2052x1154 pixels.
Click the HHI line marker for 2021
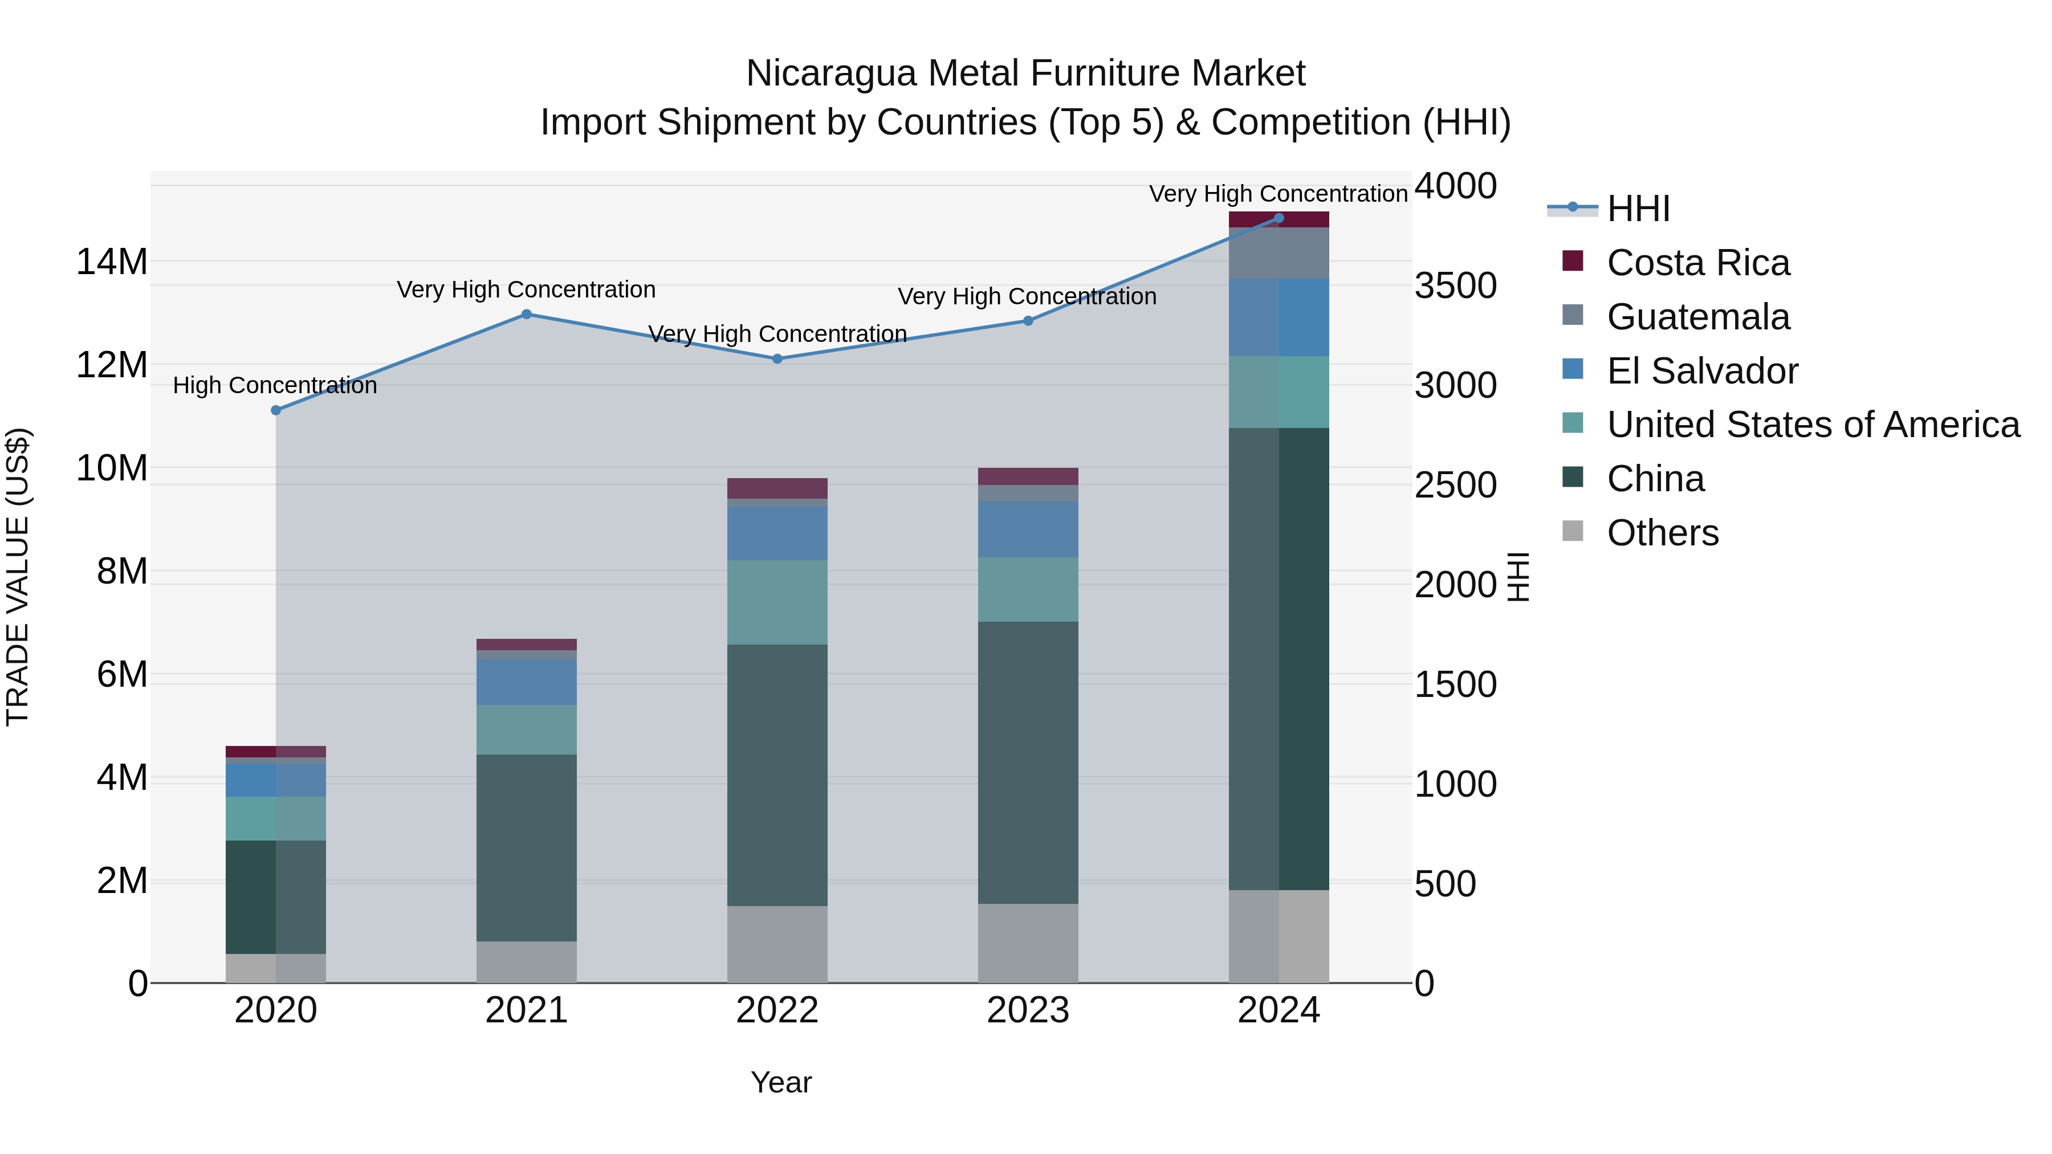(x=527, y=315)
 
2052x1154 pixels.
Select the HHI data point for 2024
(x=1279, y=218)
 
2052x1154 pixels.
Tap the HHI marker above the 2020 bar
(x=276, y=410)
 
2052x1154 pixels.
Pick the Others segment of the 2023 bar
(x=1028, y=943)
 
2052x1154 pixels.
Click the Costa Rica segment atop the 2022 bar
(x=777, y=488)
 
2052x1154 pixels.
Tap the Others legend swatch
(x=1573, y=531)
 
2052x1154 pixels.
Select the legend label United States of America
(x=1813, y=425)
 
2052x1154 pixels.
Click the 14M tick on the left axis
(x=112, y=262)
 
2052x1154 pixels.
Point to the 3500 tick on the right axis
(x=1455, y=286)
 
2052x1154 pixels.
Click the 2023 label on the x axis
(x=1028, y=1010)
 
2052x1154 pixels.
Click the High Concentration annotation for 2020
(x=275, y=385)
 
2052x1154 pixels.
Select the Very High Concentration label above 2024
(x=1278, y=194)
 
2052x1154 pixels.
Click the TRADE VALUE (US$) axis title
(x=18, y=577)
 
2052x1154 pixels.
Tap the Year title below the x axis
(x=781, y=1082)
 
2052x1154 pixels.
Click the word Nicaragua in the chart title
(x=832, y=74)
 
